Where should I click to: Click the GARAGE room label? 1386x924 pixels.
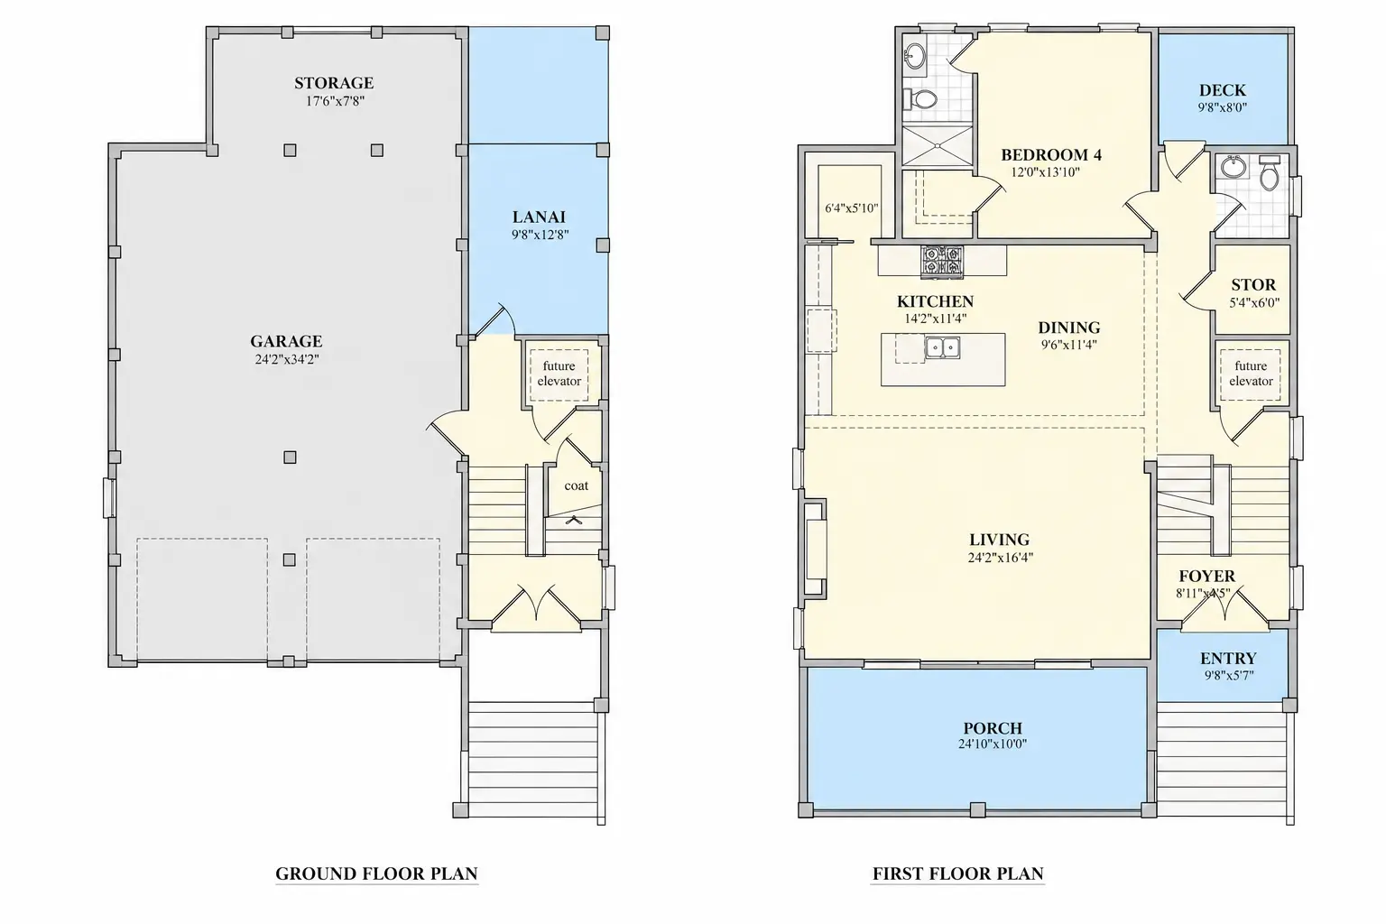pyautogui.click(x=286, y=341)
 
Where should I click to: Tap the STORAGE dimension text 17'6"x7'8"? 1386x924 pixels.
pyautogui.click(x=335, y=101)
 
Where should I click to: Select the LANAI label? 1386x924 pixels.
pyautogui.click(x=539, y=217)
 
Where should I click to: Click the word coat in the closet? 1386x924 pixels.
pyautogui.click(x=576, y=485)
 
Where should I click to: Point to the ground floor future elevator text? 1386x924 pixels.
pyautogui.click(x=559, y=374)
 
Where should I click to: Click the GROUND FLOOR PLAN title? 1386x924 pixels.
pyautogui.click(x=376, y=873)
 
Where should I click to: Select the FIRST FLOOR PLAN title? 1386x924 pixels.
pyautogui.click(x=957, y=873)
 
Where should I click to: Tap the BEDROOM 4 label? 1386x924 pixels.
pyautogui.click(x=1051, y=154)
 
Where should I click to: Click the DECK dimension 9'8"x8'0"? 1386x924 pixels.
pyautogui.click(x=1222, y=107)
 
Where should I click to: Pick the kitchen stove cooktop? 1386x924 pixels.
pyautogui.click(x=942, y=261)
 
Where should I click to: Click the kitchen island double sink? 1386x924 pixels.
pyautogui.click(x=942, y=347)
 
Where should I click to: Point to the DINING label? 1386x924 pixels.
pyautogui.click(x=1069, y=328)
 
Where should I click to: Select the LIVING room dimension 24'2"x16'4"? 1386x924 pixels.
pyautogui.click(x=1001, y=557)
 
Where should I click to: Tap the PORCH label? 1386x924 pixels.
pyautogui.click(x=993, y=728)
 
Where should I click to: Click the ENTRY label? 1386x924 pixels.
pyautogui.click(x=1228, y=658)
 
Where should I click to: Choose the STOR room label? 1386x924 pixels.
pyautogui.click(x=1253, y=284)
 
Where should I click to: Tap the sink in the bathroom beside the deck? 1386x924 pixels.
pyautogui.click(x=1234, y=166)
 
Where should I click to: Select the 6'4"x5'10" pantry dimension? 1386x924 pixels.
pyautogui.click(x=852, y=208)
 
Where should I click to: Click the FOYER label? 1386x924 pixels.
pyautogui.click(x=1206, y=577)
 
